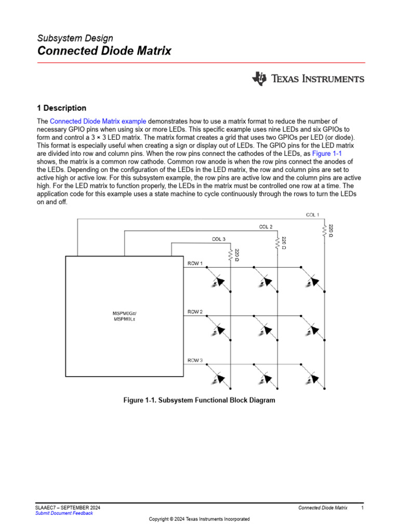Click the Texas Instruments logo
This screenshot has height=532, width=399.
(x=308, y=79)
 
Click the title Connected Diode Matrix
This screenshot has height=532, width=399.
(x=104, y=51)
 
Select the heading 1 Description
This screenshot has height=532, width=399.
(x=61, y=108)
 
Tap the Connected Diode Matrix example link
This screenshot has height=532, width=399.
(x=98, y=121)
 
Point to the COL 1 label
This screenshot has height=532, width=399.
(x=312, y=215)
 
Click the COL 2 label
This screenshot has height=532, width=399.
(x=265, y=227)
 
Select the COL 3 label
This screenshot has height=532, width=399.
(x=218, y=239)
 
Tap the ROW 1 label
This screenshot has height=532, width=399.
(x=195, y=263)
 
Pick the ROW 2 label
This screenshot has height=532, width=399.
(x=195, y=312)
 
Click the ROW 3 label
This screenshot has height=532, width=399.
(x=195, y=360)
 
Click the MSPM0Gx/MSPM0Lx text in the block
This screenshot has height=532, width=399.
(x=124, y=315)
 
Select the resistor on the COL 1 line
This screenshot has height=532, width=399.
(x=324, y=231)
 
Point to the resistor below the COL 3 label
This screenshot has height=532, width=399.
(x=231, y=255)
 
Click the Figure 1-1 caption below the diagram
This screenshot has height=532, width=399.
(x=199, y=401)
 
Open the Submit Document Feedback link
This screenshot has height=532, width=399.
(x=64, y=513)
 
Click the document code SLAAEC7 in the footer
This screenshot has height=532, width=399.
(x=46, y=508)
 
